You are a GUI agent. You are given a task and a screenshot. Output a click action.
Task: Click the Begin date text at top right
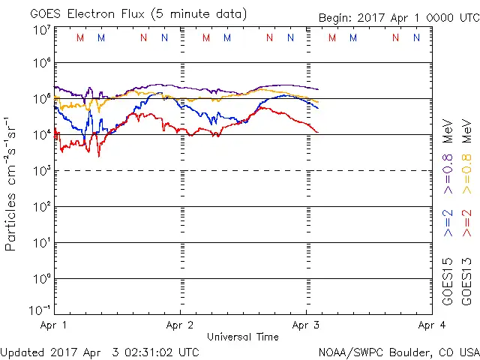(397, 17)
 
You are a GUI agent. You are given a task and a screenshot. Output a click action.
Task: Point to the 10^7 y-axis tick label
(41, 30)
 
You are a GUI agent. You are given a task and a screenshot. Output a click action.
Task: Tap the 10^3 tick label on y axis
(41, 169)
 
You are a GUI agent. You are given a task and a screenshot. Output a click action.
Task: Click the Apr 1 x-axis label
(53, 325)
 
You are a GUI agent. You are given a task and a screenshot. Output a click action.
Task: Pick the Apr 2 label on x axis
(180, 325)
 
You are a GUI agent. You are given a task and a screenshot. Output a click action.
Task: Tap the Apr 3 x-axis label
(306, 325)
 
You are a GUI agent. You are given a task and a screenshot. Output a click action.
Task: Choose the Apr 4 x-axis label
(432, 325)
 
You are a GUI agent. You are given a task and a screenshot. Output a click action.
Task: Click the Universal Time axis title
(243, 337)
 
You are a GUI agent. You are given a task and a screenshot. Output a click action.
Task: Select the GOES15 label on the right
(448, 280)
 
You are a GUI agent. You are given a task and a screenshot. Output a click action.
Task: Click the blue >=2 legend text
(448, 223)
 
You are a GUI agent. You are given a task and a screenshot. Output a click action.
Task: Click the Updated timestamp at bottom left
(100, 351)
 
